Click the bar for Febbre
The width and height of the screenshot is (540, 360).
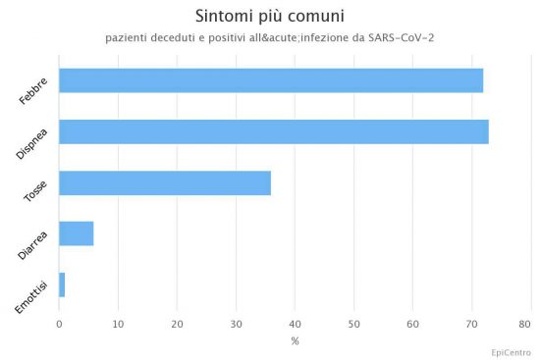click(x=271, y=80)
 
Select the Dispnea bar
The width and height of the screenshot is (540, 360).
click(x=274, y=131)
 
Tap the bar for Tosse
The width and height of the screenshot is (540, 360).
click(x=165, y=183)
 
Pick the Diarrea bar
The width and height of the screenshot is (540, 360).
click(x=77, y=233)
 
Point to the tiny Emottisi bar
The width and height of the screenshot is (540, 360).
click(x=62, y=285)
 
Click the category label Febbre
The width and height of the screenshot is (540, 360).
click(x=33, y=91)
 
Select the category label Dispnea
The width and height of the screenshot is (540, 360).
click(x=31, y=144)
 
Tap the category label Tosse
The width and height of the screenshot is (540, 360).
click(x=35, y=191)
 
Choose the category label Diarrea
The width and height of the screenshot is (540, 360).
click(x=32, y=246)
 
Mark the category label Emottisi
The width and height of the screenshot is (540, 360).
click(x=31, y=297)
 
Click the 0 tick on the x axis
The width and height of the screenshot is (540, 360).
click(x=59, y=325)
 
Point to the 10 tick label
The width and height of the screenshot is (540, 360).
click(x=118, y=325)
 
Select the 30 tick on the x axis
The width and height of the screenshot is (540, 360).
click(x=237, y=325)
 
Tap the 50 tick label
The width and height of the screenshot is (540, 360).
click(x=354, y=325)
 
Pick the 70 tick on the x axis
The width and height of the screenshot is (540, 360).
click(x=472, y=325)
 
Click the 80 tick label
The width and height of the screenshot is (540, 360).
click(x=525, y=325)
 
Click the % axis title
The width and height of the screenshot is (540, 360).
click(x=295, y=341)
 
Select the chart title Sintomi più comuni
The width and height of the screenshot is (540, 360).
click(x=270, y=16)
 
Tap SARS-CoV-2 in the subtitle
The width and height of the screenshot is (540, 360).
click(x=402, y=37)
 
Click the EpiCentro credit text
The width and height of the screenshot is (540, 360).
click(x=512, y=353)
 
